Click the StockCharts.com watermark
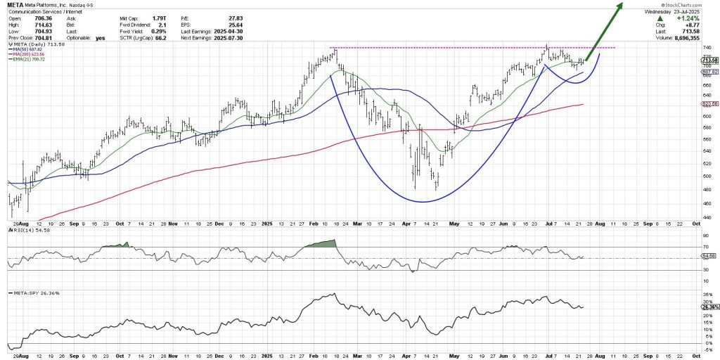tap(692, 5)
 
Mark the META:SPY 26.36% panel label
tap(29, 291)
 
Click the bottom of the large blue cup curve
tap(423, 202)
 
